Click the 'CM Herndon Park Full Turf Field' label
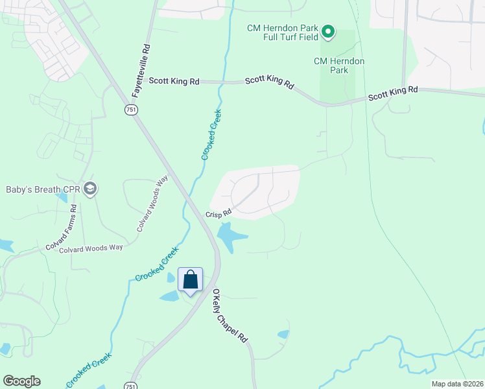pyautogui.click(x=283, y=32)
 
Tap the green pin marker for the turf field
pyautogui.click(x=328, y=31)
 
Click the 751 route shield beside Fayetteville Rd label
pyautogui.click(x=132, y=110)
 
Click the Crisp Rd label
pyautogui.click(x=219, y=213)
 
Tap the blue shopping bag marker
pyautogui.click(x=191, y=280)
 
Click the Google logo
pyautogui.click(x=21, y=381)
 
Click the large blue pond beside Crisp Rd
pyautogui.click(x=231, y=237)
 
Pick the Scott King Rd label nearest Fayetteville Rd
pyautogui.click(x=174, y=81)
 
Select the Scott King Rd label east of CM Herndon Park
pyautogui.click(x=393, y=93)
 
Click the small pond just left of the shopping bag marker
pyautogui.click(x=169, y=296)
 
